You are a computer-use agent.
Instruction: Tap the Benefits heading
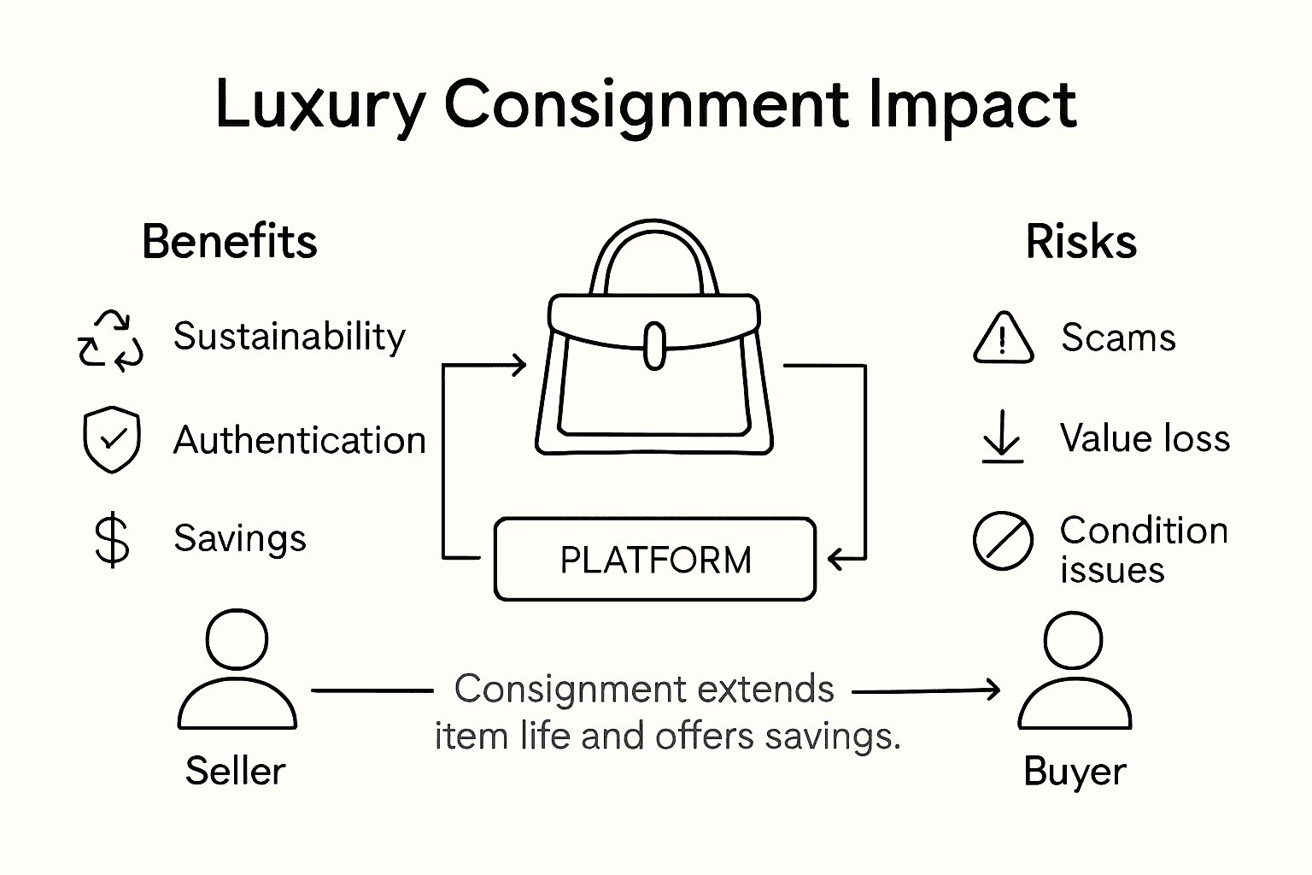click(229, 242)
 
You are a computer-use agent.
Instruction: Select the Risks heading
click(1081, 242)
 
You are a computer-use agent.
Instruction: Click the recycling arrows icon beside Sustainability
click(111, 340)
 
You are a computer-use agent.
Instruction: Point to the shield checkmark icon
click(112, 440)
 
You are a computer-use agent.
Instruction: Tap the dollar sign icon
click(112, 540)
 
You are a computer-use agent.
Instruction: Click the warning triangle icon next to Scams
click(1003, 338)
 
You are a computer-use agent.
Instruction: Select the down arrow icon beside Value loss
click(1002, 437)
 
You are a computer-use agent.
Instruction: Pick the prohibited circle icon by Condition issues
click(1003, 542)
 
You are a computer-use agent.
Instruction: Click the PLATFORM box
click(655, 560)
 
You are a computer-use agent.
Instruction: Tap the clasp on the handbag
click(654, 346)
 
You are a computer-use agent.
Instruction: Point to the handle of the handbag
click(654, 248)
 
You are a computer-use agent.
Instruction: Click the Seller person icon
click(237, 670)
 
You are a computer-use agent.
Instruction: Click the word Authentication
click(299, 441)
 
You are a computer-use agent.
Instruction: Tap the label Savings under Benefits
click(239, 539)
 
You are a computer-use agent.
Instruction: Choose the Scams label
click(1118, 338)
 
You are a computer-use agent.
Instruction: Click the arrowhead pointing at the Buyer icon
click(992, 690)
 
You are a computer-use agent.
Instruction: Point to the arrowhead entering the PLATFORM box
click(836, 560)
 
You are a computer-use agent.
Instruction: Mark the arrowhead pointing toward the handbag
click(517, 366)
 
